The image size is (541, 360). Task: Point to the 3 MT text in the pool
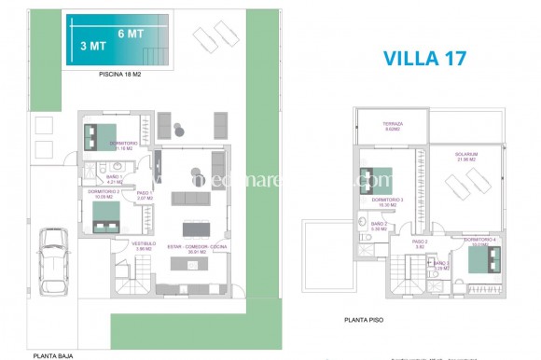pyautogui.click(x=91, y=45)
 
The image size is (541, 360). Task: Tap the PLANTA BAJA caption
pyautogui.click(x=53, y=354)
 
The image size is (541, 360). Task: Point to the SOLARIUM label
pyautogui.click(x=466, y=155)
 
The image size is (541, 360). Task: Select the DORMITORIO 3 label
pyautogui.click(x=387, y=201)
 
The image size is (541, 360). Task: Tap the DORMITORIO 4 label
pyautogui.click(x=480, y=241)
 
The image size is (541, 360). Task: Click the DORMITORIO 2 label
pyautogui.click(x=104, y=194)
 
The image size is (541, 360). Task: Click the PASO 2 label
pyautogui.click(x=420, y=243)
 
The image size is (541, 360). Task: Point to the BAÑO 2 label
pyautogui.click(x=379, y=225)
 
